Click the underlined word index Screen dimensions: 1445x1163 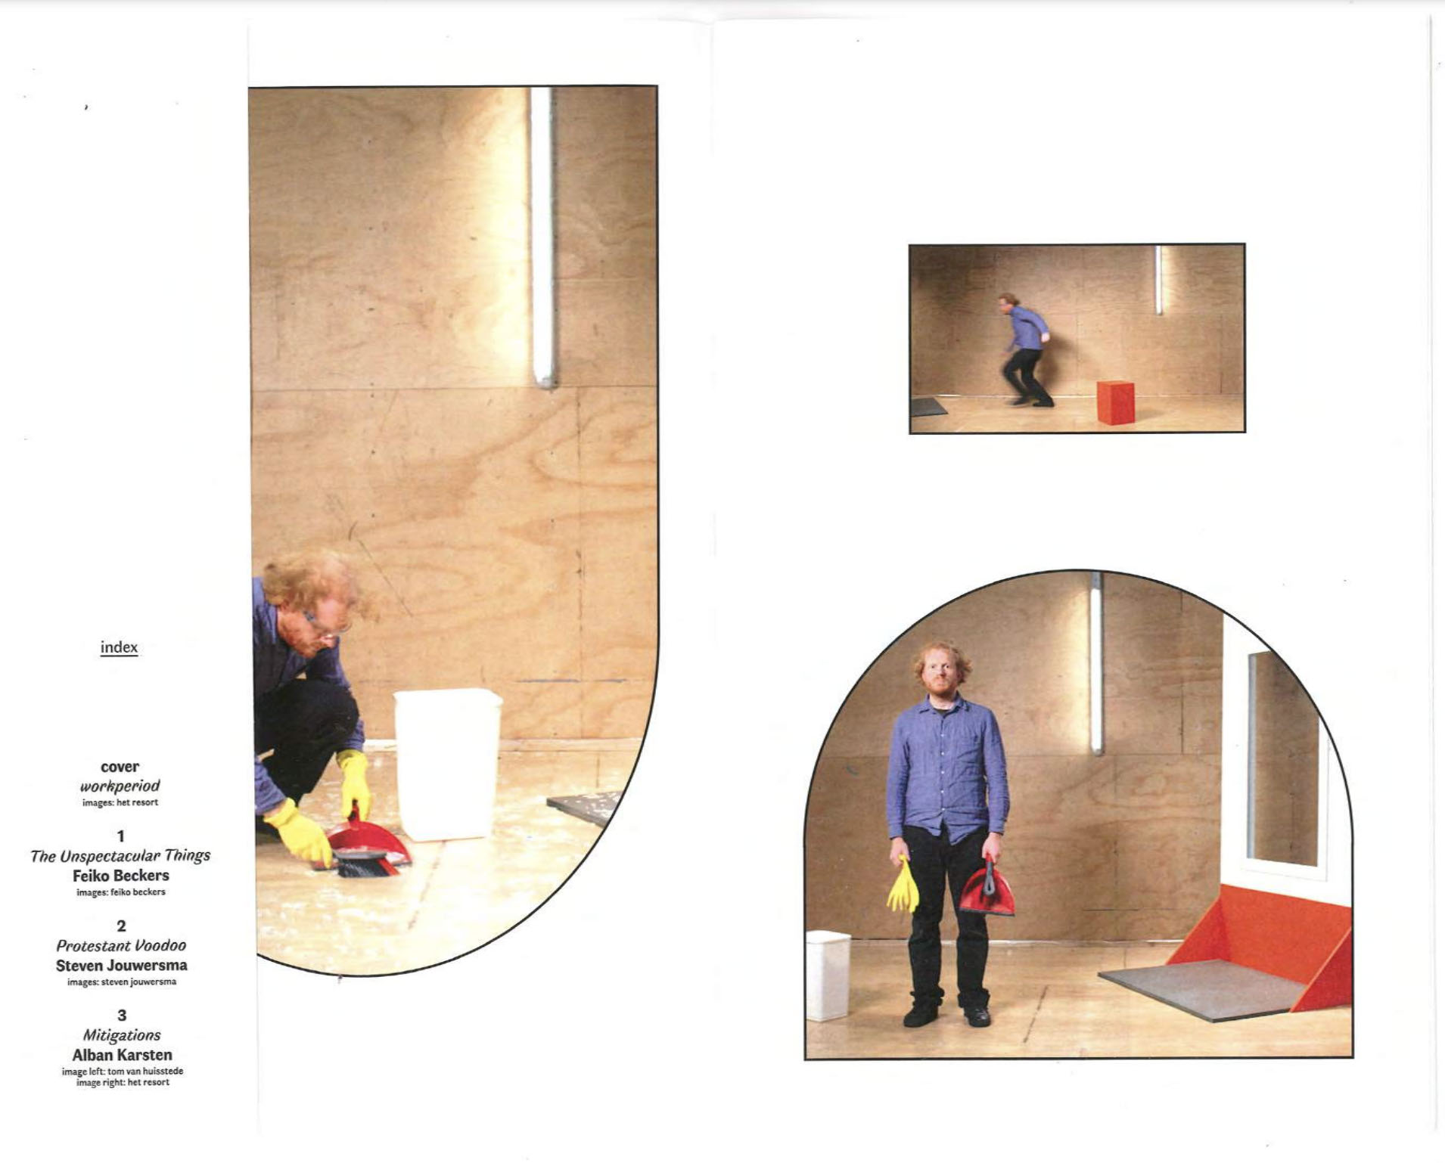pyautogui.click(x=119, y=647)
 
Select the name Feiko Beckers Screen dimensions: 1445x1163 pyautogui.click(x=121, y=876)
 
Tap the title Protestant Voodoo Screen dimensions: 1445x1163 pyautogui.click(x=121, y=945)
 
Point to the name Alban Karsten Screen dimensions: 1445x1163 pyautogui.click(x=122, y=1055)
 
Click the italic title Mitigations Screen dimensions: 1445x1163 pyautogui.click(x=122, y=1035)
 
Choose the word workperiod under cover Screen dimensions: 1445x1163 pyautogui.click(x=120, y=786)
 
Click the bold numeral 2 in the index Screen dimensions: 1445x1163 pyautogui.click(x=121, y=926)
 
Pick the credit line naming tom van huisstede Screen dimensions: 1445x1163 pyautogui.click(x=123, y=1071)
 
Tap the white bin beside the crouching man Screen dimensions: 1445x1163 pyautogui.click(x=447, y=764)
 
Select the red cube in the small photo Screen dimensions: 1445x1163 pyautogui.click(x=1115, y=402)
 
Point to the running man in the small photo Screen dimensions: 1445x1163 pyautogui.click(x=1024, y=349)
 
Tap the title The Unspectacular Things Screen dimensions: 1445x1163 pyautogui.click(x=120, y=855)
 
